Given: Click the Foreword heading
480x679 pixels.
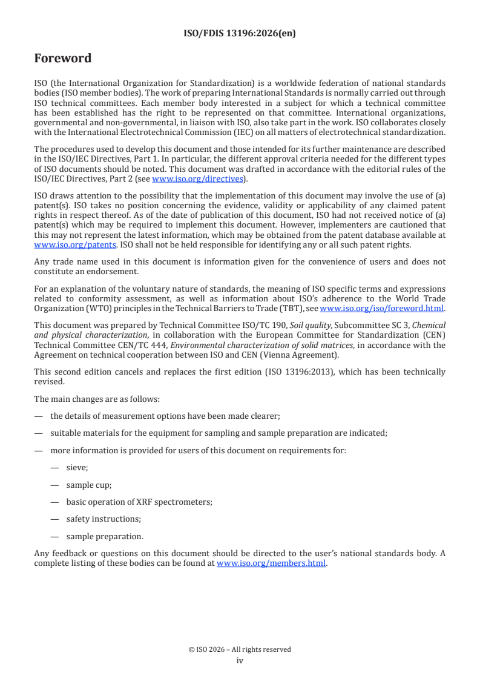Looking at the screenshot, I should click(x=63, y=59).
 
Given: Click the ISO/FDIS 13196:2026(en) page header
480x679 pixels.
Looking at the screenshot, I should click(x=240, y=34).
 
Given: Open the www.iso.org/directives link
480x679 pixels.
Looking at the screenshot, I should click(x=197, y=179).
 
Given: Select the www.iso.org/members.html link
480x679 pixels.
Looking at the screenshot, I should click(x=271, y=563).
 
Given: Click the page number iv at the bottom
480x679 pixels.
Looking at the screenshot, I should click(x=240, y=661).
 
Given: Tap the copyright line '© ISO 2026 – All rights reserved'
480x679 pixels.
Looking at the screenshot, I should click(x=240, y=649).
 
